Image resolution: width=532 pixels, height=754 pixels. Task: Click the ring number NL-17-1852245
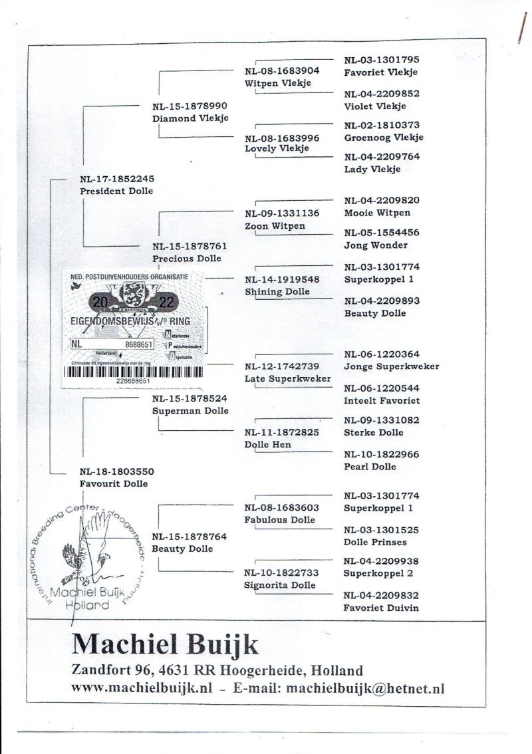tap(116, 178)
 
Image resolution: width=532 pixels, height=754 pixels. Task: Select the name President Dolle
tap(116, 191)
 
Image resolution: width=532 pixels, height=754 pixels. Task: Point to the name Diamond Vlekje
tap(190, 118)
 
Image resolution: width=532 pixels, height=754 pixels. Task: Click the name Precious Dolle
tap(187, 259)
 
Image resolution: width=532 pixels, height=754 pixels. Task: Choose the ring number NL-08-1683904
tap(282, 70)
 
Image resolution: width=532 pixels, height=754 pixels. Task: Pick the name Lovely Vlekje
tap(277, 149)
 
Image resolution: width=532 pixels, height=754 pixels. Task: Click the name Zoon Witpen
tap(275, 226)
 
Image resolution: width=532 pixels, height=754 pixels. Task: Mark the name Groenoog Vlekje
tap(384, 138)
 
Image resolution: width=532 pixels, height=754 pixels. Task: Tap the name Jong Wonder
tap(376, 245)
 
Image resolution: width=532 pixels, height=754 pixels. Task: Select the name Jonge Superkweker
tap(391, 366)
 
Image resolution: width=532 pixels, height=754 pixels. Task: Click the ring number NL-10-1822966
tap(381, 454)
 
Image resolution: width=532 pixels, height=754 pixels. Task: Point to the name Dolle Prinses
tap(375, 542)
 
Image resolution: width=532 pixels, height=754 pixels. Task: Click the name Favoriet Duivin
tap(381, 608)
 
